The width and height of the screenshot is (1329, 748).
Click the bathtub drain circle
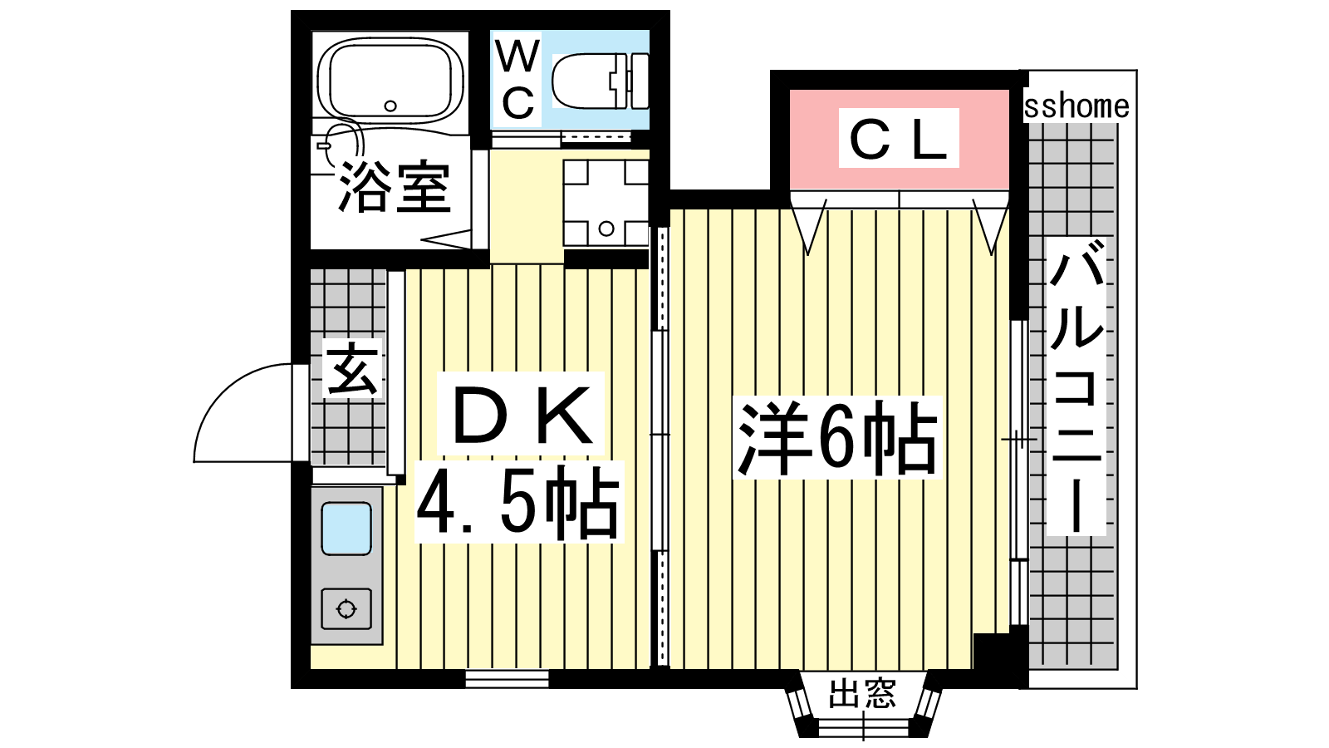390,106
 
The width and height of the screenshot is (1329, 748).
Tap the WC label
517,79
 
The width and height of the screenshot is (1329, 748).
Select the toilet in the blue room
600,81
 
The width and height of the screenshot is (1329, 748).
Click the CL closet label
898,138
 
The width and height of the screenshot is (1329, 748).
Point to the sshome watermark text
1076,107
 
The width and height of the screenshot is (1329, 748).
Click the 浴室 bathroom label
394,186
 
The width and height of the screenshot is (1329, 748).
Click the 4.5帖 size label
518,502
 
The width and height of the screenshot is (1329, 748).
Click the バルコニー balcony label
1076,386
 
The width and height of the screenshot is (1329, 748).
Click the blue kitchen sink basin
346,529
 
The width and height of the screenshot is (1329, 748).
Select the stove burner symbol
346,609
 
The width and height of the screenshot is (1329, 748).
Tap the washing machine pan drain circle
606,229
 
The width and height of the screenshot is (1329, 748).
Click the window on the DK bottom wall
507,678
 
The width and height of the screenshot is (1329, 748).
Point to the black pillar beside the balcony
1001,660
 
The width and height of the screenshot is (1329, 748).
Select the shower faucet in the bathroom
324,145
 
